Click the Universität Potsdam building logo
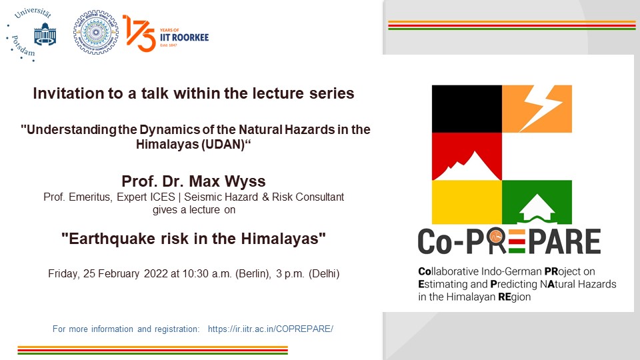click(45, 34)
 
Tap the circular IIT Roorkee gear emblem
click(96, 33)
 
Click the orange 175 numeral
click(139, 33)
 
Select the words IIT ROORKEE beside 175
click(184, 37)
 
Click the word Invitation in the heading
click(69, 93)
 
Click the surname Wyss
click(245, 181)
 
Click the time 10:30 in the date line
click(195, 273)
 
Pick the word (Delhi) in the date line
click(324, 273)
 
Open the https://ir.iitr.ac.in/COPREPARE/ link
click(271, 329)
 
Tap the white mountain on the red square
click(467, 167)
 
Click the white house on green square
click(537, 209)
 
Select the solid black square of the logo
click(467, 109)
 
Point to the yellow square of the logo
click(467, 202)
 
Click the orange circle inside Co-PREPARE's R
click(497, 237)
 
